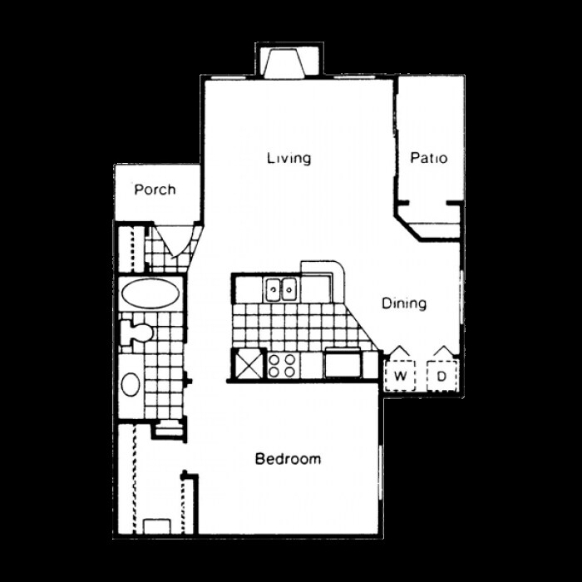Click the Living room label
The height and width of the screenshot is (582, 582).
pyautogui.click(x=289, y=158)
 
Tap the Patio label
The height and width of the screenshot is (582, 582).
pyautogui.click(x=429, y=158)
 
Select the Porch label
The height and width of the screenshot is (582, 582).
pyautogui.click(x=155, y=190)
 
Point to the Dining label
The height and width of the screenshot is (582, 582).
pyautogui.click(x=404, y=303)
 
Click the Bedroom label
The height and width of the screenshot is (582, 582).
pyautogui.click(x=288, y=459)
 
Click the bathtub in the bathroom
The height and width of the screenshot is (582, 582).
pyautogui.click(x=150, y=293)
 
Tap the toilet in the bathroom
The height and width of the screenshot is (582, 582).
pyautogui.click(x=136, y=333)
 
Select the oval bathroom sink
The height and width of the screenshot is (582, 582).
pyautogui.click(x=131, y=384)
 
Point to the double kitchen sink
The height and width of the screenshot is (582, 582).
pyautogui.click(x=281, y=289)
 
